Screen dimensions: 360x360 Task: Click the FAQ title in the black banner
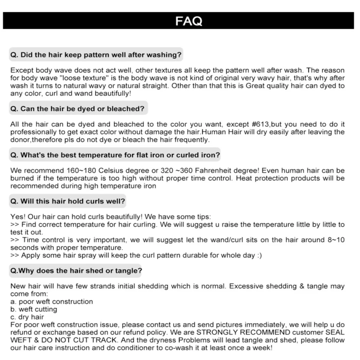189,21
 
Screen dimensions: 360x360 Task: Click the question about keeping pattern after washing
96,55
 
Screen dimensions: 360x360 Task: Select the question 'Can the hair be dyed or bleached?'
77,109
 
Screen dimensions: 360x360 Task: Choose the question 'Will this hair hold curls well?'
68,201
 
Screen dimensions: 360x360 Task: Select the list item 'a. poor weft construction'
51,302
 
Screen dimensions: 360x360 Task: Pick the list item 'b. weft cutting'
33,309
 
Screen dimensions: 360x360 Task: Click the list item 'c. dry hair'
27,317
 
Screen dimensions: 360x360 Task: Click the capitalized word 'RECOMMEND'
266,332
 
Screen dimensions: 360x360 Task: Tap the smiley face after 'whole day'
258,256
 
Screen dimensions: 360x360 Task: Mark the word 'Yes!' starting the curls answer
17,217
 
